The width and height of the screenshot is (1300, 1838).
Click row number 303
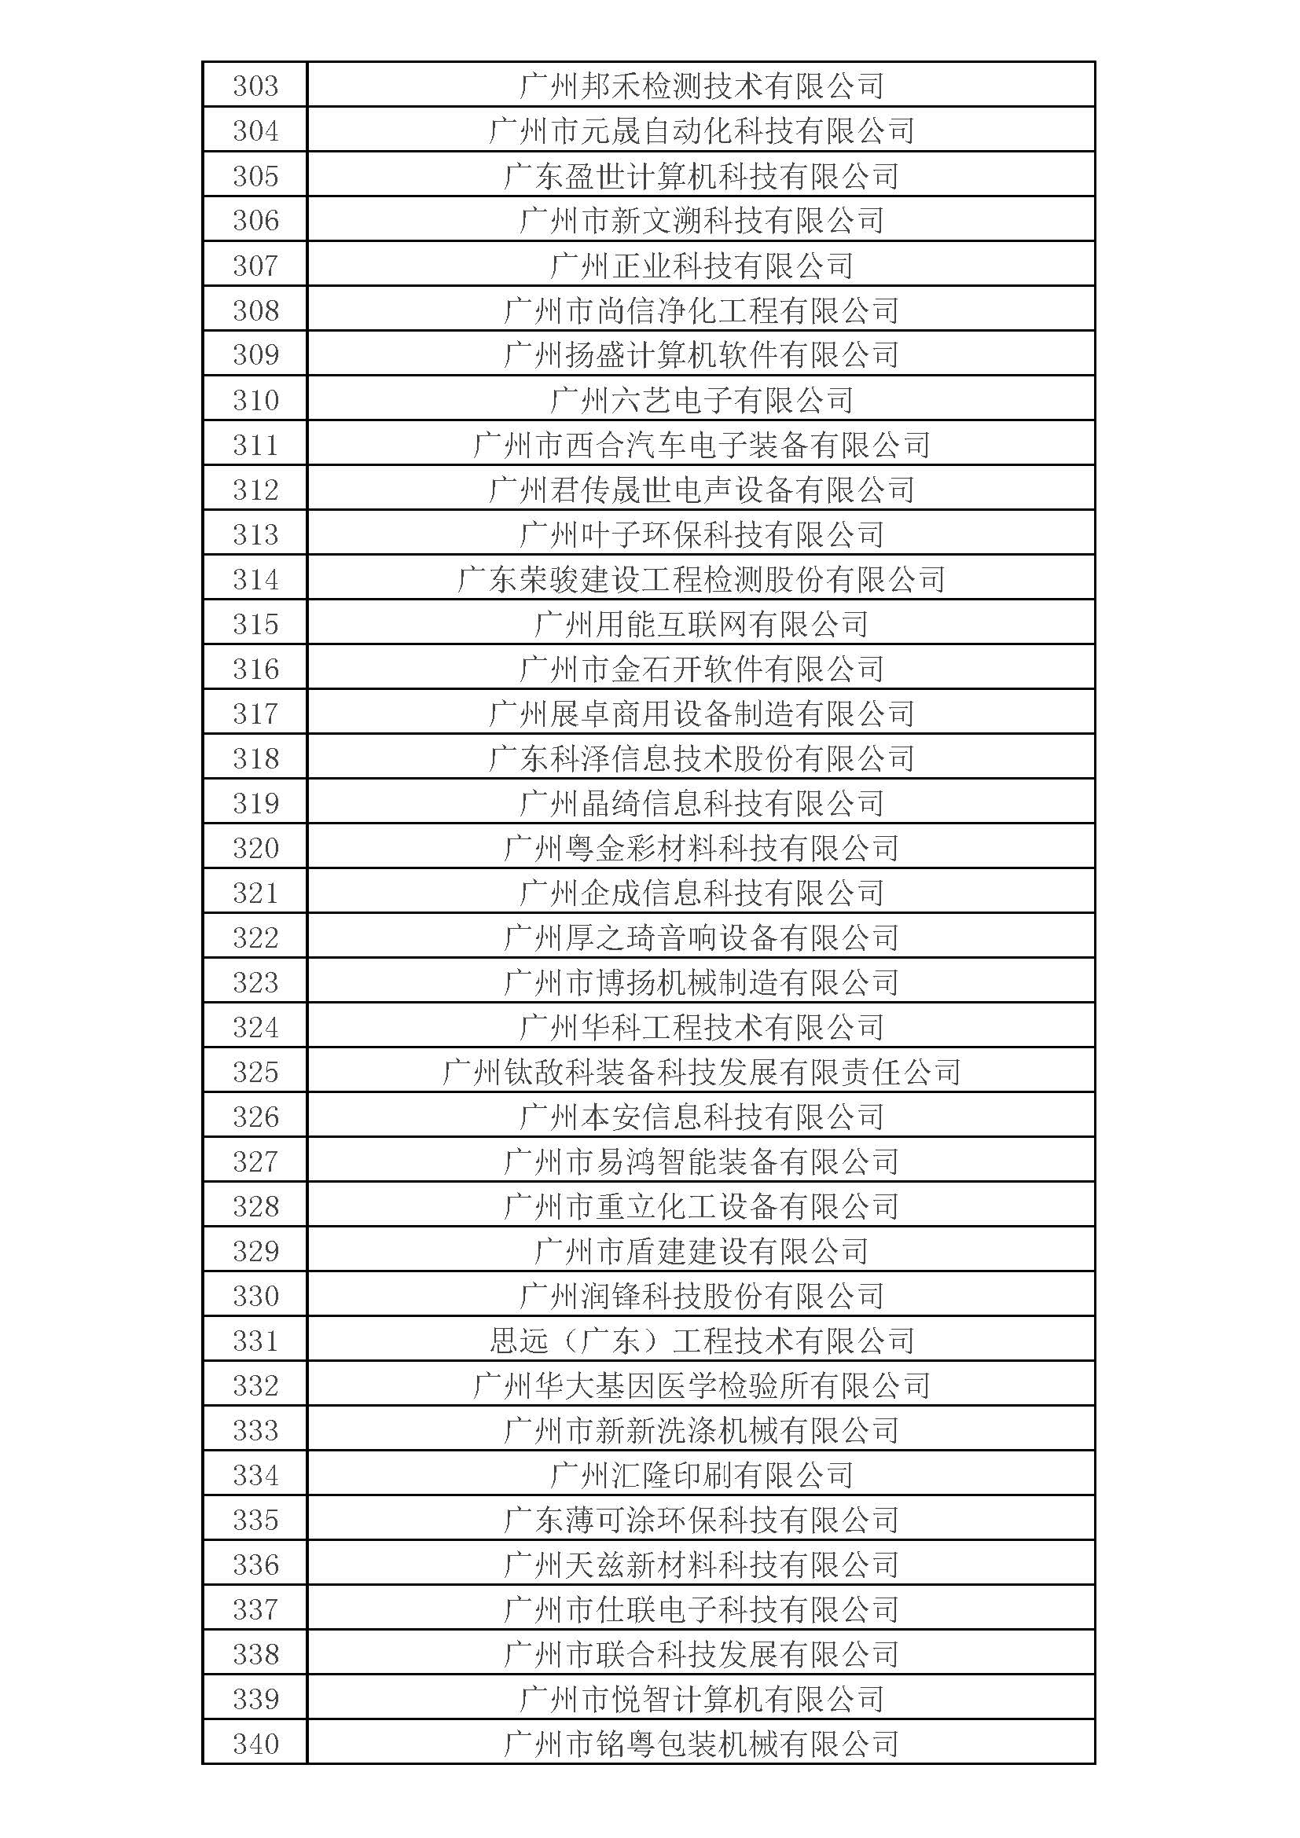255,86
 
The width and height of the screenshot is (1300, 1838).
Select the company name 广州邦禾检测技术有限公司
701,86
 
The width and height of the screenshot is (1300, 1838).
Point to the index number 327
255,1161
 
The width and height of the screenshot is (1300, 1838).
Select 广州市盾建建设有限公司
701,1251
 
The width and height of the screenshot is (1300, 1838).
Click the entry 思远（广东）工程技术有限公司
701,1341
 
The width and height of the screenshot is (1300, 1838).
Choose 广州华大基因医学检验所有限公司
701,1385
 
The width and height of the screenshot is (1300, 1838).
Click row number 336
255,1565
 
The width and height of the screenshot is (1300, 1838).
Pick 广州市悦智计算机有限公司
701,1700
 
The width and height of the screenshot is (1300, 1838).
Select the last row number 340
255,1744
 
